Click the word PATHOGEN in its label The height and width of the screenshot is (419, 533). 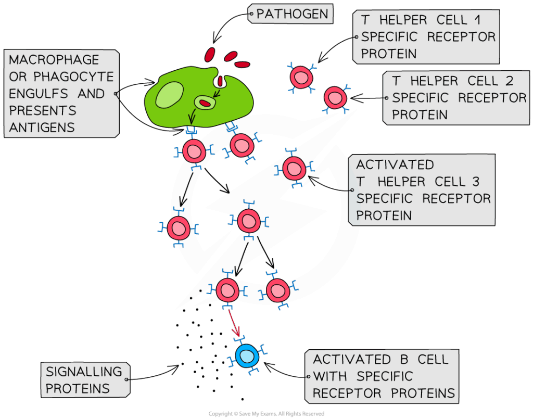[x=293, y=14]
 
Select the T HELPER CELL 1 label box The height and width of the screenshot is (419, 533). [x=426, y=36]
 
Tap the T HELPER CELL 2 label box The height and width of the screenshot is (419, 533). [x=456, y=98]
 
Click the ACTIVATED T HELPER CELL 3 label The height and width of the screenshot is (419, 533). [x=422, y=190]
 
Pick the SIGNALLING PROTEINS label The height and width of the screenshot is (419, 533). [x=85, y=380]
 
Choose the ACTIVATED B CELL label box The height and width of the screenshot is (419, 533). [x=384, y=376]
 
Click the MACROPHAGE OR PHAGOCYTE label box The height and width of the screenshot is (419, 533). [x=61, y=94]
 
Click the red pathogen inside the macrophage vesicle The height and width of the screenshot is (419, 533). [x=206, y=103]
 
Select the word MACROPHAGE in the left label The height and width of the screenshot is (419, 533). [x=54, y=60]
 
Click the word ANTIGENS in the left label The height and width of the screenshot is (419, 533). [x=42, y=127]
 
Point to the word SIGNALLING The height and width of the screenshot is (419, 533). [x=84, y=372]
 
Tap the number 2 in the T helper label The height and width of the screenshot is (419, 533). [x=509, y=81]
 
